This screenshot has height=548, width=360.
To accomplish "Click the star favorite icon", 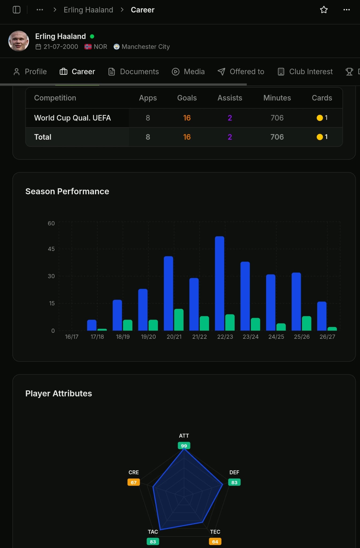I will point(324,10).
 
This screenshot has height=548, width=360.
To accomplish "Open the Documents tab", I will point(133,72).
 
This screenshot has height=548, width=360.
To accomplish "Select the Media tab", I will point(188,72).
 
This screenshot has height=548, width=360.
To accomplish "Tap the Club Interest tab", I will point(305,72).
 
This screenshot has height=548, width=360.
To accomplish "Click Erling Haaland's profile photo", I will point(18,41).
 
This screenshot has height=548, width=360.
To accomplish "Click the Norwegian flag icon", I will point(88,47).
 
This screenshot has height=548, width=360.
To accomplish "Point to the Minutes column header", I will point(277,98).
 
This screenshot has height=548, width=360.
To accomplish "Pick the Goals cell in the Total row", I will point(187,137).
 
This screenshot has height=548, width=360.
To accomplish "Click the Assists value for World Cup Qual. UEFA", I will point(229,118).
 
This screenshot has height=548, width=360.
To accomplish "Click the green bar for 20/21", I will point(179,320).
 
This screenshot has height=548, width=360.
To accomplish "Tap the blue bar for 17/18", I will point(92,325).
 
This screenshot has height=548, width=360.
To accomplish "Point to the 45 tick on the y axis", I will point(51,249).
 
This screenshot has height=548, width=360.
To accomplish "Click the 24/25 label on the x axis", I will point(276,337).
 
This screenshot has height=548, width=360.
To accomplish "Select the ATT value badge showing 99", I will point(184,446).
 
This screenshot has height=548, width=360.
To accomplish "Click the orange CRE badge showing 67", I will point(133,482).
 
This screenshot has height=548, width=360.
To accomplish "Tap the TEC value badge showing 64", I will point(215,542).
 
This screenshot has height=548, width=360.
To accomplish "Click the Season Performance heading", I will point(67,191).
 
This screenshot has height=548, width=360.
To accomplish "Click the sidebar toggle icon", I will point(17,10).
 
